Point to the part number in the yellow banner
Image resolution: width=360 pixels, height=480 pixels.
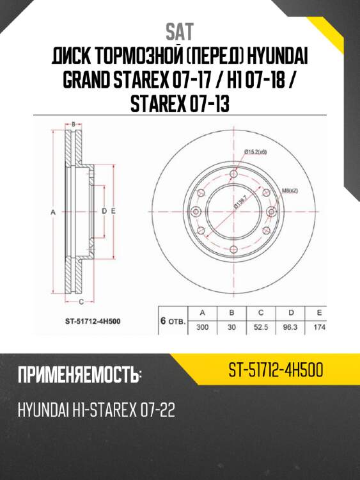coord(275,370)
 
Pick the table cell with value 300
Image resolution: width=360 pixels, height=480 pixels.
coord(202,326)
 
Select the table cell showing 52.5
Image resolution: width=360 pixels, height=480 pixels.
coord(261,326)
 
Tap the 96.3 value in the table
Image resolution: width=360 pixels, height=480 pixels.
coord(291,326)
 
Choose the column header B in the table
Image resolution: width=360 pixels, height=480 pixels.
coord(231,312)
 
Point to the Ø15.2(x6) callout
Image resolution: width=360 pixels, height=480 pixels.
coord(255,152)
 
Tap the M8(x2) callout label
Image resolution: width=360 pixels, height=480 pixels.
coord(291,190)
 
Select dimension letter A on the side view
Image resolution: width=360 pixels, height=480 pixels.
coord(54,211)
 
